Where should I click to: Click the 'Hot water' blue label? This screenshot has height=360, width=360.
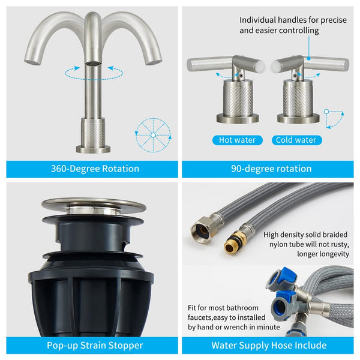pos(238,140)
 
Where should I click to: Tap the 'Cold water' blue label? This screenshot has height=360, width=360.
pos(296,140)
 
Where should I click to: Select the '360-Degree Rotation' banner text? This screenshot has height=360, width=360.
pos(95,169)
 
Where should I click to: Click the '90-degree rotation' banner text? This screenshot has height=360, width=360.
pos(271,169)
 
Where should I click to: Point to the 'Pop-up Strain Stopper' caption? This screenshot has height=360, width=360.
pos(95,346)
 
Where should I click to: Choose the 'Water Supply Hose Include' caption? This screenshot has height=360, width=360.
pos(269,346)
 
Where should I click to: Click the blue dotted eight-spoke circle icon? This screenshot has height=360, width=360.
pos(153,135)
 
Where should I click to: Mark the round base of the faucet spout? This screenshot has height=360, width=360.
pos(93,149)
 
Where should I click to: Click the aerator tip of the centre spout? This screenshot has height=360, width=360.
pos(93,63)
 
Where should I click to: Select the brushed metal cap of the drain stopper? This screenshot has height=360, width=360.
pos(94,205)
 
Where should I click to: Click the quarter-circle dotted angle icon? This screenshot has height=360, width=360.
pos(334,119)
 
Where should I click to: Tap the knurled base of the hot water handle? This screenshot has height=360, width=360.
pos(238,101)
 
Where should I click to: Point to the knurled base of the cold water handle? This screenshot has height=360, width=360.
pos(298,101)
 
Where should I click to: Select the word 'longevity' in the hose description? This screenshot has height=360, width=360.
pos(335,254)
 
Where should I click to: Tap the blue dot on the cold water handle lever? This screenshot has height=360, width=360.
pos(309,59)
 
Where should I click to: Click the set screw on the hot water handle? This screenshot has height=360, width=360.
pos(241,75)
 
